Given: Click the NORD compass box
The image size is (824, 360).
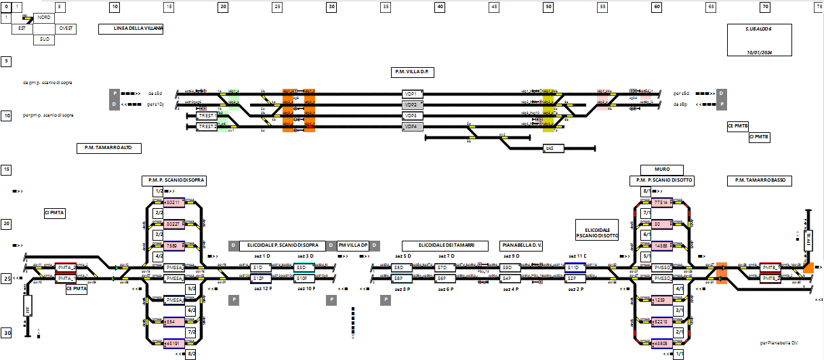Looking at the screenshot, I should (43, 18).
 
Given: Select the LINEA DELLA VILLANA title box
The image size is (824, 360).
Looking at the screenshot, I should (131, 29).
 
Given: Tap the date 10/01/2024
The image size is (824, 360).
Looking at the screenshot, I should (759, 52).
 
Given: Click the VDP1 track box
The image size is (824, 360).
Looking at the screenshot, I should (412, 94).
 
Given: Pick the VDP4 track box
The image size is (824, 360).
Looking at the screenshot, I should (412, 127).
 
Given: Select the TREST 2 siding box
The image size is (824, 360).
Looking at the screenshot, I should (207, 127).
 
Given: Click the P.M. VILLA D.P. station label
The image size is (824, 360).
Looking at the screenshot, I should (413, 71).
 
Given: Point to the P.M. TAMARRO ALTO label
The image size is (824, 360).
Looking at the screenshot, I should (108, 148).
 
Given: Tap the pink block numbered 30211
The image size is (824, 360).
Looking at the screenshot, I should (174, 203).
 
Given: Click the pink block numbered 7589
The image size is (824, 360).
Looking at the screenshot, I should (174, 246).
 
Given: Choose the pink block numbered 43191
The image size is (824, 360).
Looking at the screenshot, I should (174, 344).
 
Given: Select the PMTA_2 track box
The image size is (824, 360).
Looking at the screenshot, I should (66, 268).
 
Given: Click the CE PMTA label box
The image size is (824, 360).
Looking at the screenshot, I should (77, 289).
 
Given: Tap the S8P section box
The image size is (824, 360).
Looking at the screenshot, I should (401, 278).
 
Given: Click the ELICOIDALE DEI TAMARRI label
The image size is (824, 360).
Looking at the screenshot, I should (445, 245).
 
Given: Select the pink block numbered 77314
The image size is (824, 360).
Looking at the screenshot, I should (661, 203).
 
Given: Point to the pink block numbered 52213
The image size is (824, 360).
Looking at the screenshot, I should (661, 321).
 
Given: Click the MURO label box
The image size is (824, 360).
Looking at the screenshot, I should (662, 169).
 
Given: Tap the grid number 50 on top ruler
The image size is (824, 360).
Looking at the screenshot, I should (548, 7).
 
